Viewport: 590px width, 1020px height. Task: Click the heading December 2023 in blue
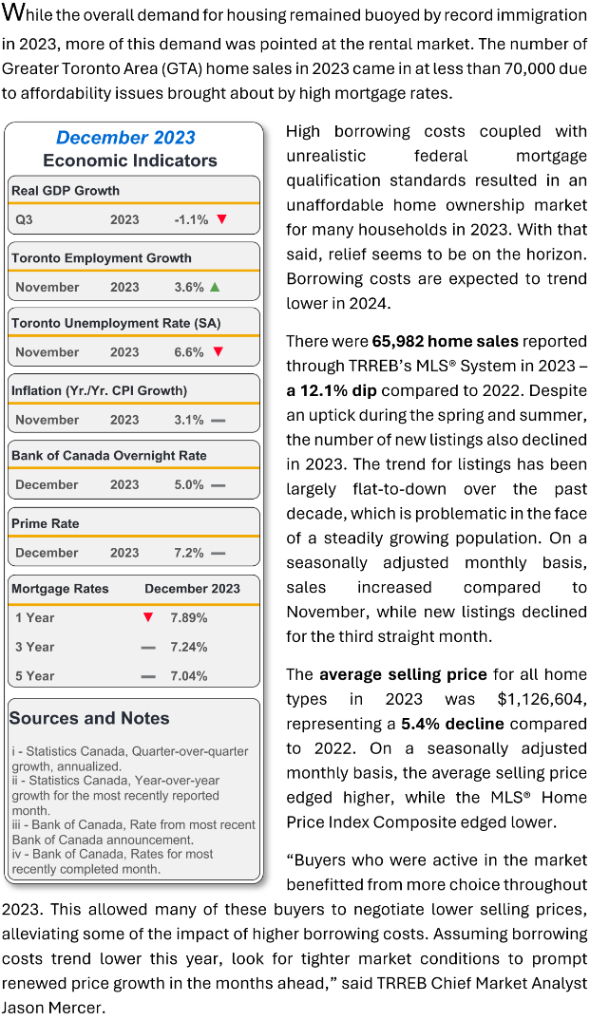tap(125, 138)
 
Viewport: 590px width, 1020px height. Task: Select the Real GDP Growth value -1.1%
tap(191, 219)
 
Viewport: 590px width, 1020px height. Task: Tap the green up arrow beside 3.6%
tap(216, 287)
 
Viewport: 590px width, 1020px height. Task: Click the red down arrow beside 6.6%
tap(218, 352)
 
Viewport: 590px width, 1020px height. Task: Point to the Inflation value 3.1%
tap(189, 420)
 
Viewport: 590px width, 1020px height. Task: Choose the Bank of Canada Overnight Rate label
tap(109, 456)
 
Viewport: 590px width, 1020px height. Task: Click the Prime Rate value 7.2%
tap(189, 553)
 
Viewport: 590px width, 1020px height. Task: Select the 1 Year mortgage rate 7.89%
tap(189, 618)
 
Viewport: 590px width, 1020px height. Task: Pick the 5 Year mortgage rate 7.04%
tap(189, 676)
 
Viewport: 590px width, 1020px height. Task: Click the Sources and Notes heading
tap(89, 718)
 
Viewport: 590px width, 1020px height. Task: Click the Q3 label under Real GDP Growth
tap(24, 219)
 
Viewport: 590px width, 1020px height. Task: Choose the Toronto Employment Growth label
tap(102, 257)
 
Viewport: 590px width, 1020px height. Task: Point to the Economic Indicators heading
tap(130, 161)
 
